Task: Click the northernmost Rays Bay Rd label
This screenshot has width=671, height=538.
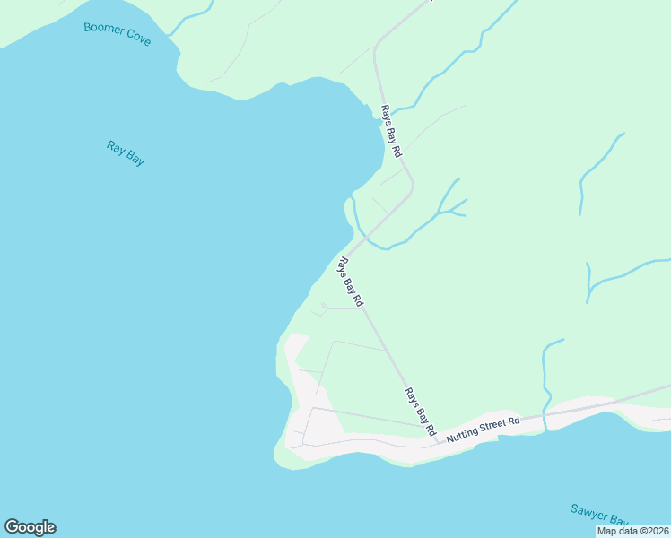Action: (390, 130)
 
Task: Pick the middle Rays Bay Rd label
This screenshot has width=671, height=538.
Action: (349, 282)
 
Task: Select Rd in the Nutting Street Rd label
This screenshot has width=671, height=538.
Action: (514, 420)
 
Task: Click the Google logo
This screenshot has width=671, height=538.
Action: (30, 527)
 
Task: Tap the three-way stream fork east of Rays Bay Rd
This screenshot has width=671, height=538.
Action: (440, 213)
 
